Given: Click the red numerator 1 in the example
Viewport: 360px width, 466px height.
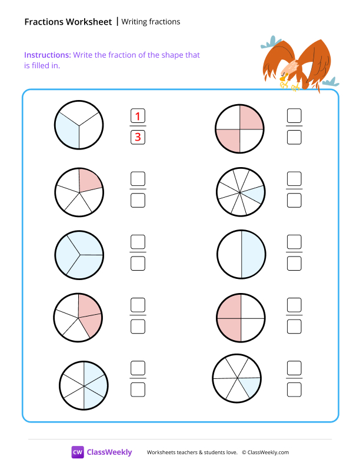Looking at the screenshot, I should pos(138,116).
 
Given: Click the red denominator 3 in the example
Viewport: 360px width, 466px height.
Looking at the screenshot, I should pos(138,138).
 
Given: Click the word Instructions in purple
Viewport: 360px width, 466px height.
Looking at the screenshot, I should pos(47,55).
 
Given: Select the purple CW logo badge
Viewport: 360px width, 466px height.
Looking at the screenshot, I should pos(78,452).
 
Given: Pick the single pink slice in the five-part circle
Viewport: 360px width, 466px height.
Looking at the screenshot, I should pos(90,179).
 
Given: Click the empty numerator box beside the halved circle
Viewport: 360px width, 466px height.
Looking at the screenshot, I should pos(294,242).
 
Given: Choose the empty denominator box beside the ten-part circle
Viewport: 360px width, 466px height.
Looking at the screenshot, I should pos(294,200).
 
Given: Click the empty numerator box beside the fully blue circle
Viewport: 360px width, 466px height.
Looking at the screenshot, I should pos(138,242).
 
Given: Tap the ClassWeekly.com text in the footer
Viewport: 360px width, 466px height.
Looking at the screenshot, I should pos(268,452).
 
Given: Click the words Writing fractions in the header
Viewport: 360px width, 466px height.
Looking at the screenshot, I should pos(151,22).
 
